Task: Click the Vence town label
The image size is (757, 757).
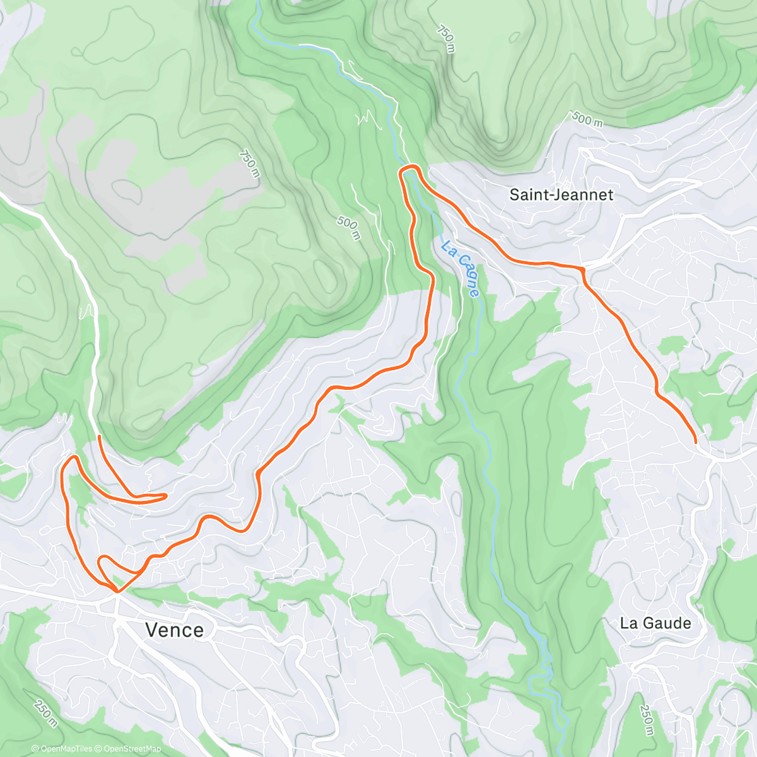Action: (x=174, y=630)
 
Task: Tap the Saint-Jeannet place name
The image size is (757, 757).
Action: (x=561, y=195)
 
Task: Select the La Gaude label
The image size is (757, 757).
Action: (x=655, y=623)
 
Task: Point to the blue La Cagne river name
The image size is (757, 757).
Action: (x=461, y=268)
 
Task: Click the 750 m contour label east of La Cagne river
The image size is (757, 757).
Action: (x=445, y=39)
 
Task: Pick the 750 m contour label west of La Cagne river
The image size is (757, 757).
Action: (x=249, y=163)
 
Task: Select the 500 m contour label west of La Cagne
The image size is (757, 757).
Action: (x=348, y=228)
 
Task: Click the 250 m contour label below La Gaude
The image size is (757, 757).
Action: (x=646, y=720)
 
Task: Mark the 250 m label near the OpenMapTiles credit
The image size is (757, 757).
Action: (x=45, y=713)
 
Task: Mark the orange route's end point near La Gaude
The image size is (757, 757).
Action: (x=696, y=443)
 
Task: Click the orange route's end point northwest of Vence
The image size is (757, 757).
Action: (x=99, y=436)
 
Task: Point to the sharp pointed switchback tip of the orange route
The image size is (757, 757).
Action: (x=165, y=496)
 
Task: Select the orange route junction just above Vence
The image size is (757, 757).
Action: (x=117, y=591)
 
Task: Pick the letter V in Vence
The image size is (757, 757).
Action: (x=152, y=630)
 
